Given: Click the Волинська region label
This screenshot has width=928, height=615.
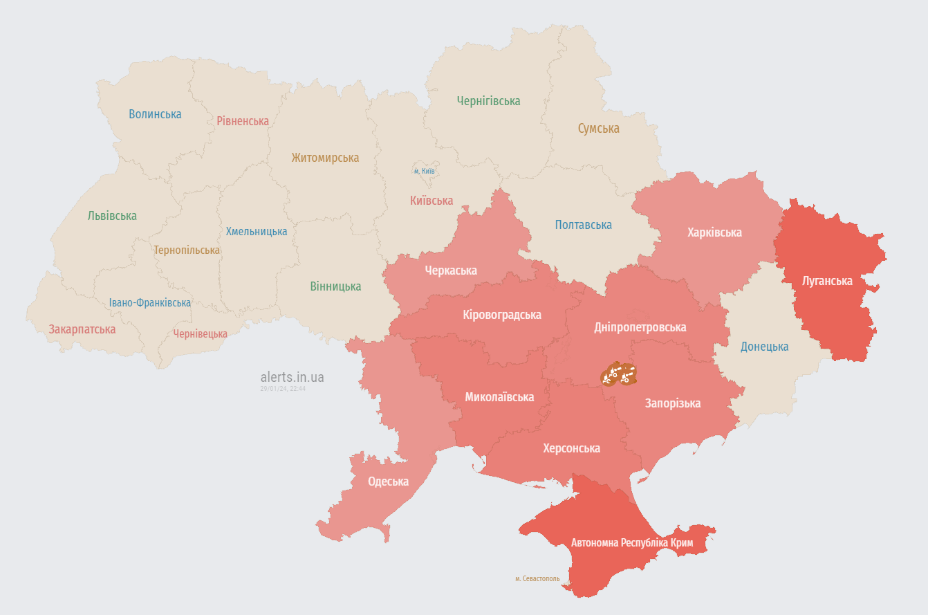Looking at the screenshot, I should click(155, 114).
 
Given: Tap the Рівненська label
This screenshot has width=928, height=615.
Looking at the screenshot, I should click(242, 121).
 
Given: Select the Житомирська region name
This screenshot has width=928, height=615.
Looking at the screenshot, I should click(325, 158).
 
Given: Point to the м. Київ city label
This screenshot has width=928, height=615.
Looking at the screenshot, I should click(425, 171).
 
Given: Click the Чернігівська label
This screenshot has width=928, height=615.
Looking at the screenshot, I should click(488, 101).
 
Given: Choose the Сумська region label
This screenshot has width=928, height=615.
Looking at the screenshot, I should click(598, 129).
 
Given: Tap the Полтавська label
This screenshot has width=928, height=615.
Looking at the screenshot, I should click(583, 225).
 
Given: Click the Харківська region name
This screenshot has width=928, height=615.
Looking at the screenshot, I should click(714, 232).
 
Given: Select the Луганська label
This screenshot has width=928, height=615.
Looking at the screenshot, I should click(827, 281).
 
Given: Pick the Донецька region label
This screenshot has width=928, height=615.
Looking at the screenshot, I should click(764, 347).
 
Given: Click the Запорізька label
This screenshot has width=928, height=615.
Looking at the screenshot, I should click(672, 403).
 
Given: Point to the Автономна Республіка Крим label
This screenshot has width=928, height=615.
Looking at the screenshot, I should click(631, 543).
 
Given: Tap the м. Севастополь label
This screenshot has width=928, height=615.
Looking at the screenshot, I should click(537, 578).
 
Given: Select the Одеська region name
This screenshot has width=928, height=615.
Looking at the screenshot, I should click(388, 481).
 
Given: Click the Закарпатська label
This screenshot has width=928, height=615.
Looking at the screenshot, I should click(82, 329).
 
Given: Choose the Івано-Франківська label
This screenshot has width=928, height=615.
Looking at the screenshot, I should click(150, 303).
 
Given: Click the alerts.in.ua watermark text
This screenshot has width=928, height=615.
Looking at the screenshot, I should click(292, 377).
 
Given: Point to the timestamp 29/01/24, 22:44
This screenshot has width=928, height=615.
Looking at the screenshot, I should click(283, 389).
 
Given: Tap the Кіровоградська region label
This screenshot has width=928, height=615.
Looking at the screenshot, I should click(501, 315).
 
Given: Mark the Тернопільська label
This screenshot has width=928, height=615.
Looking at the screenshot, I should click(187, 250).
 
